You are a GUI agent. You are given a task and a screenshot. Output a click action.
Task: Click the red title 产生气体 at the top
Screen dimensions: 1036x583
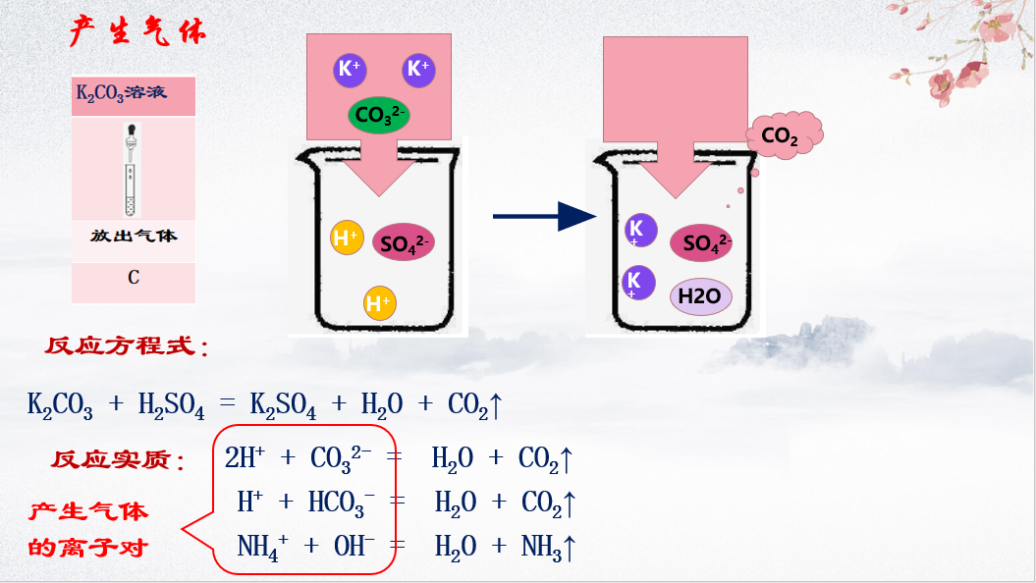point(137,31)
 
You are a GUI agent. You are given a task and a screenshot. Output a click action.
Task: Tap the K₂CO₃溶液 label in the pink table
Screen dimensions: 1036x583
point(122,93)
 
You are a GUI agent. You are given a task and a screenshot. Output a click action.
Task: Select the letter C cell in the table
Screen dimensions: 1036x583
point(134,278)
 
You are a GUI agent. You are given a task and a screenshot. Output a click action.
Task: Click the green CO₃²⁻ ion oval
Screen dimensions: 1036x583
point(378,116)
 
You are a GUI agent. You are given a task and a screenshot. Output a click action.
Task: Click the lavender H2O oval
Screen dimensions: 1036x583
point(701,295)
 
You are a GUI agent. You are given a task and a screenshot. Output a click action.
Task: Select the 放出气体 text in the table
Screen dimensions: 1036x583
point(134,237)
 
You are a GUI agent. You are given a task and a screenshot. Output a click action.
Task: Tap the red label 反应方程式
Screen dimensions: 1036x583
point(126,346)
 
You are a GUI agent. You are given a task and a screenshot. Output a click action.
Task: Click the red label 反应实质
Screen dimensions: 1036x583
point(118,459)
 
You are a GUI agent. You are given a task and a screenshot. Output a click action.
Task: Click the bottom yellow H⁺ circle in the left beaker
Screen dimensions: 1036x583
point(379,303)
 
